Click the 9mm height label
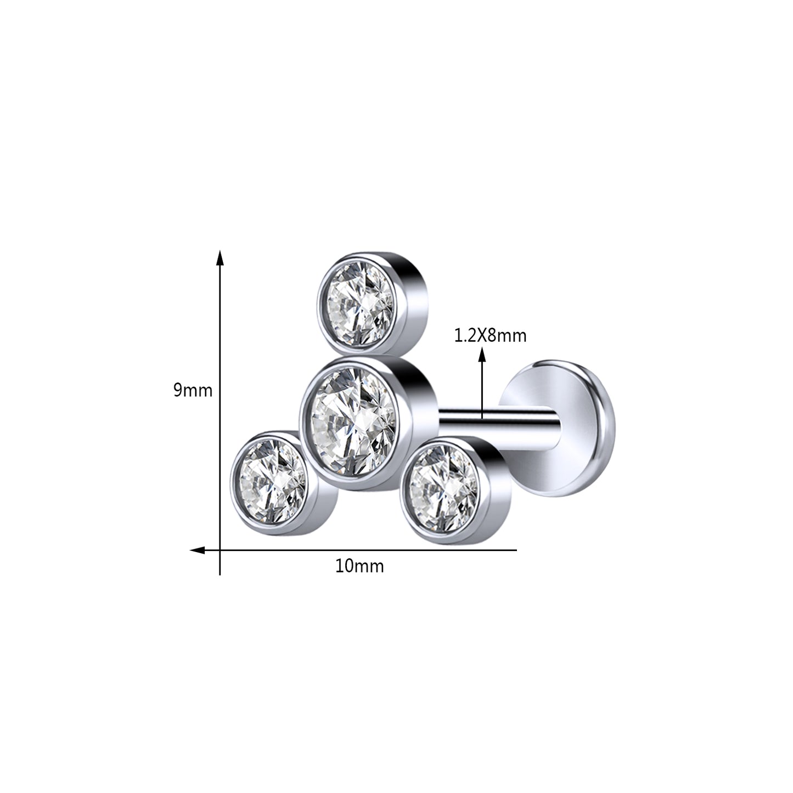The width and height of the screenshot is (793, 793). [x=192, y=391]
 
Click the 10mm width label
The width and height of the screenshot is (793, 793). [x=359, y=566]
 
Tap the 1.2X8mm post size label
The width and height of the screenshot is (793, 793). [x=490, y=335]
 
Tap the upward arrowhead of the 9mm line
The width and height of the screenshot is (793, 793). [x=220, y=258]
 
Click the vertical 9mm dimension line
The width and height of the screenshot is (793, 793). [x=220, y=412]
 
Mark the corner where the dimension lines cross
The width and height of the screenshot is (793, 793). [x=220, y=550]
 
